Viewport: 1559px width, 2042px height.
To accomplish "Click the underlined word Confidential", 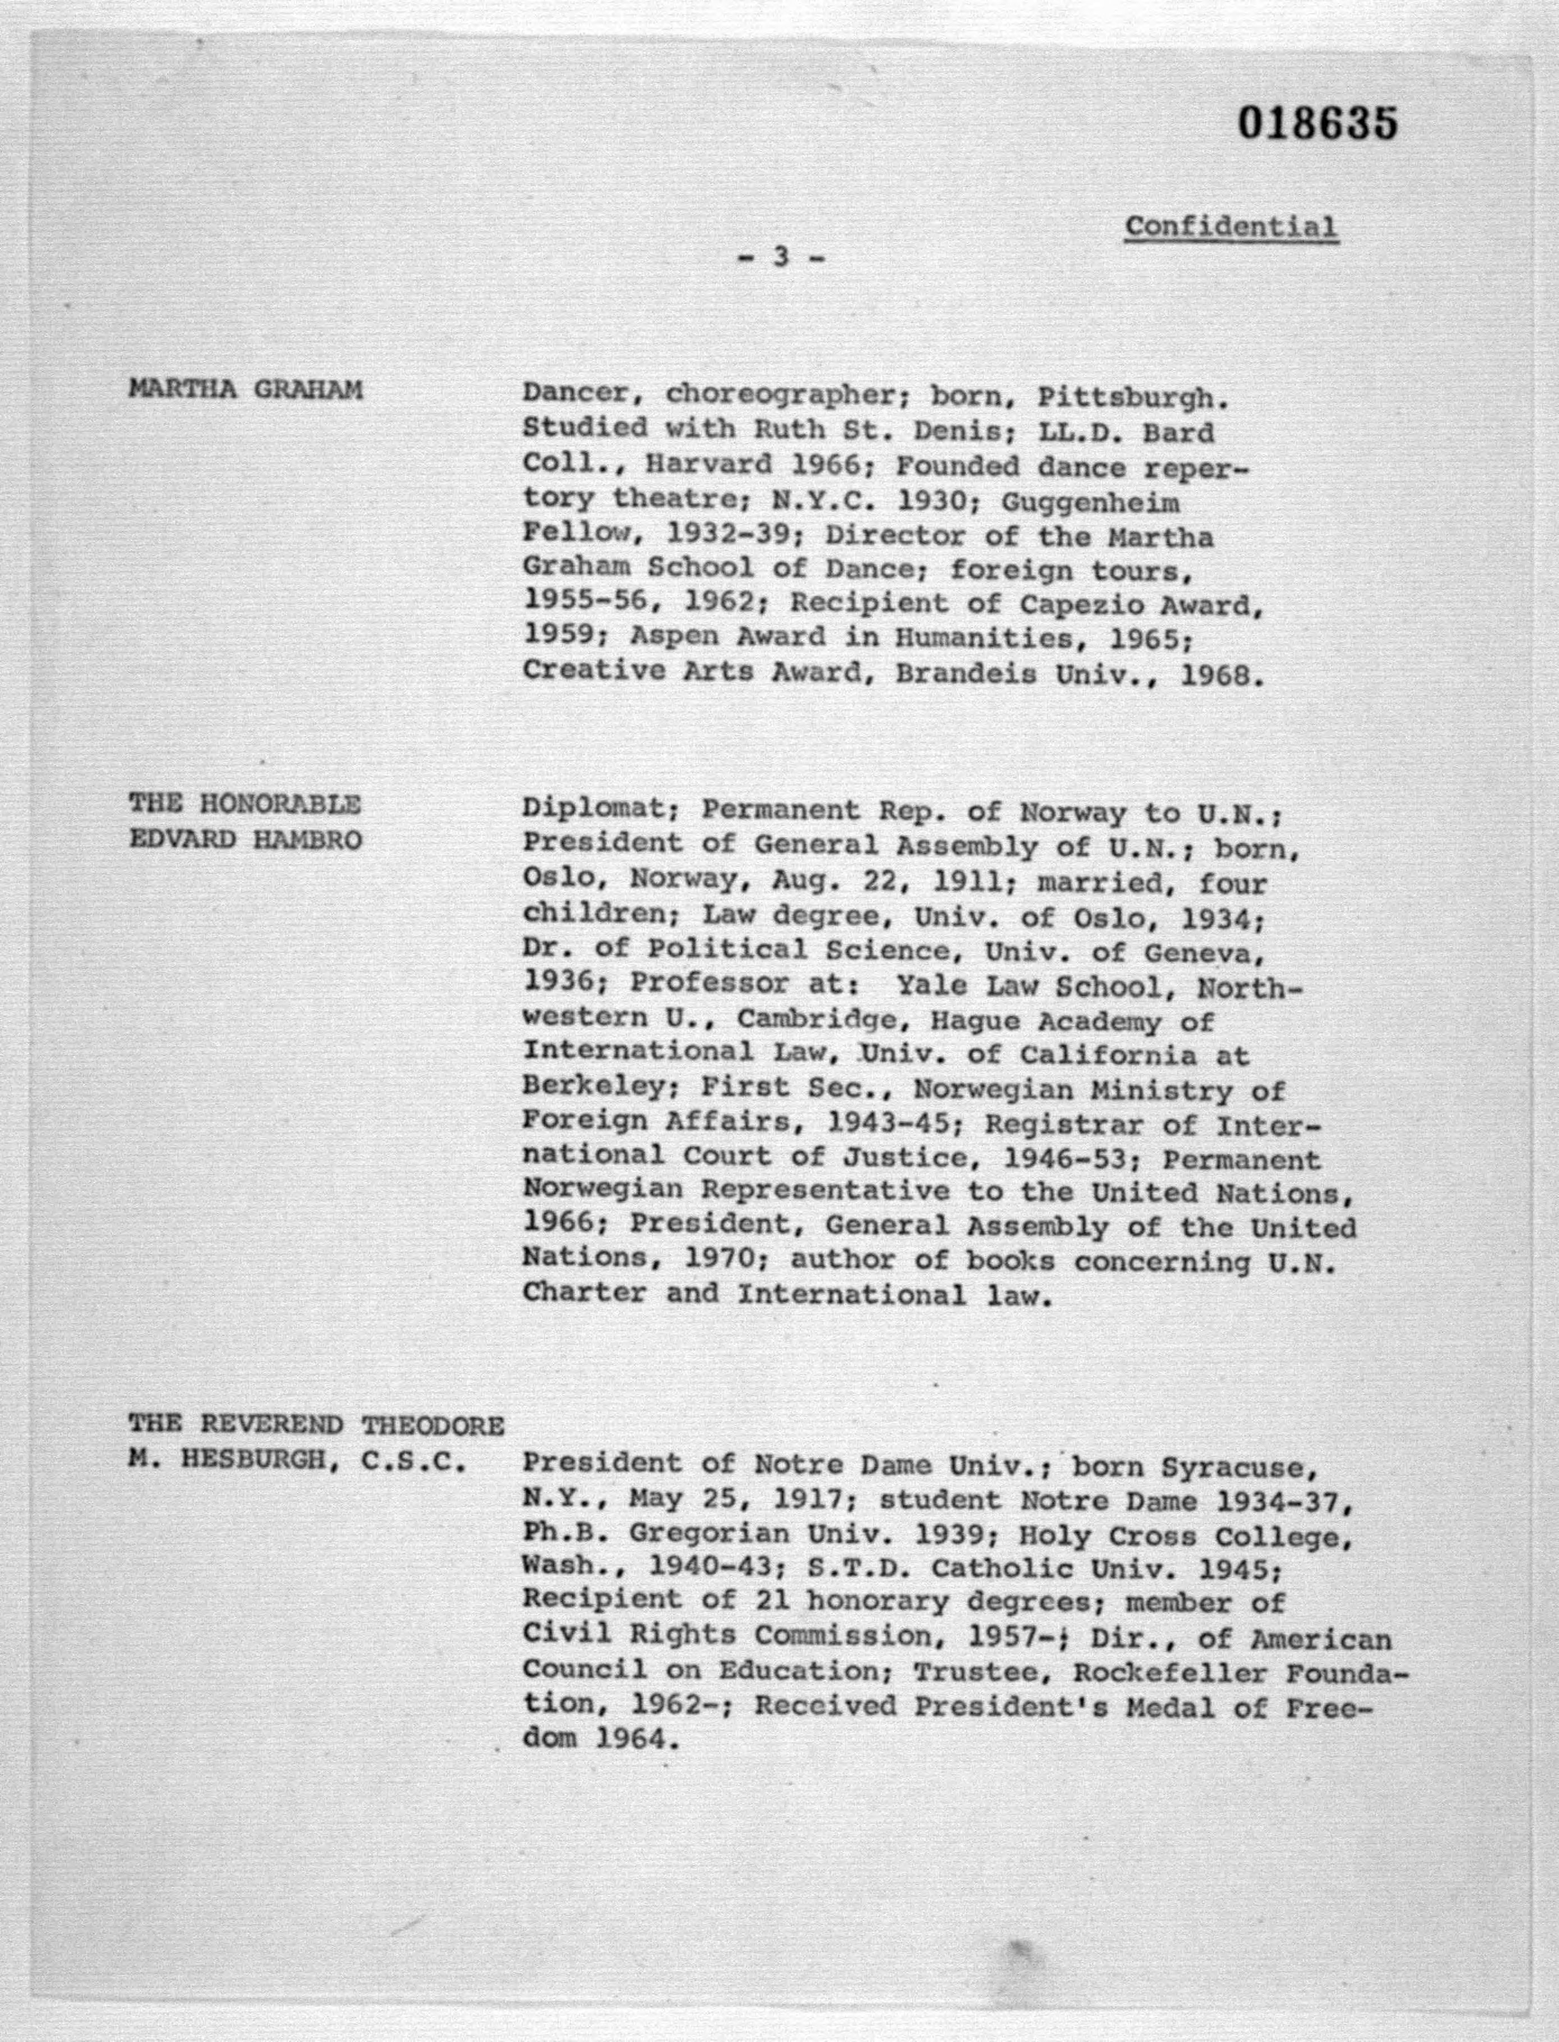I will pyautogui.click(x=1231, y=226).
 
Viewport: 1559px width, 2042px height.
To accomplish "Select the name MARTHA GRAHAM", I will pyautogui.click(x=245, y=390).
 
